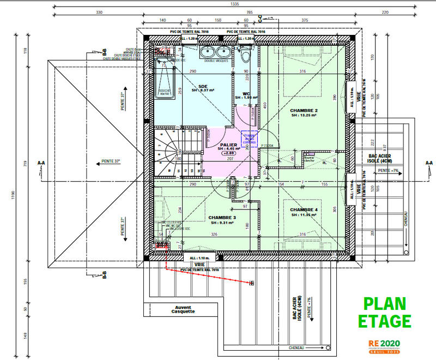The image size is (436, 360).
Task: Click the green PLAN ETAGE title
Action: (x=387, y=312)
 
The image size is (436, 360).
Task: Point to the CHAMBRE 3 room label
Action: (x=221, y=219)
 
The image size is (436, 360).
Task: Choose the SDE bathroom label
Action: (x=203, y=87)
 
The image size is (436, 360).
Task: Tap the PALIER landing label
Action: (x=228, y=145)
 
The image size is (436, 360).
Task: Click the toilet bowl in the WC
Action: (x=246, y=54)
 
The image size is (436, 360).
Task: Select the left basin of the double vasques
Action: (x=207, y=52)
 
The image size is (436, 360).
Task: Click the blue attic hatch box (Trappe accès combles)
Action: (x=252, y=139)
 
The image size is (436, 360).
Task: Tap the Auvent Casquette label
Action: (x=183, y=310)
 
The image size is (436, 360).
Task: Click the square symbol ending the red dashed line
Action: (x=252, y=284)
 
